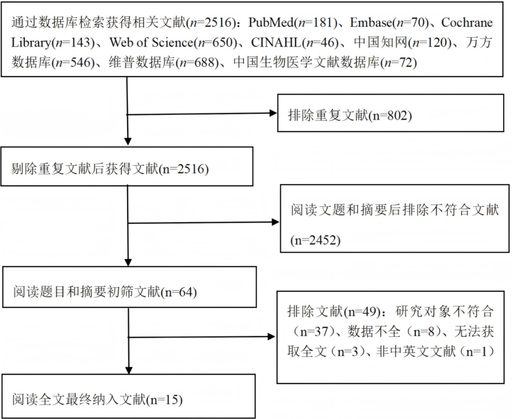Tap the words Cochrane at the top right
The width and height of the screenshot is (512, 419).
coord(467,22)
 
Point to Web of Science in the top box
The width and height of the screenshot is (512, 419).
coord(151,43)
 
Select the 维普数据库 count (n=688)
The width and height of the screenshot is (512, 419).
coord(197,63)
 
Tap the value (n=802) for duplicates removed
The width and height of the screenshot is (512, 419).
coord(391,115)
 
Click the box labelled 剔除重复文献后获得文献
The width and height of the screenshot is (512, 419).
coord(127,166)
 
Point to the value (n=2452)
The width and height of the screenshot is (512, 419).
coord(315,240)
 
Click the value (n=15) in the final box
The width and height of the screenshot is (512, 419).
coord(165,400)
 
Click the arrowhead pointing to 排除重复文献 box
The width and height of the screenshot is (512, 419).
coord(273,113)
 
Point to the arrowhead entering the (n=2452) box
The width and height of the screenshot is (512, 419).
coord(276,222)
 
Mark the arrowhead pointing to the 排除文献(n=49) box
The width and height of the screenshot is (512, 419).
coord(272,337)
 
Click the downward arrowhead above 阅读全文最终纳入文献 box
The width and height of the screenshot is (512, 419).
coord(129,370)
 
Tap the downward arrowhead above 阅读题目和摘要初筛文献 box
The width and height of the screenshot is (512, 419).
coord(128,262)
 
